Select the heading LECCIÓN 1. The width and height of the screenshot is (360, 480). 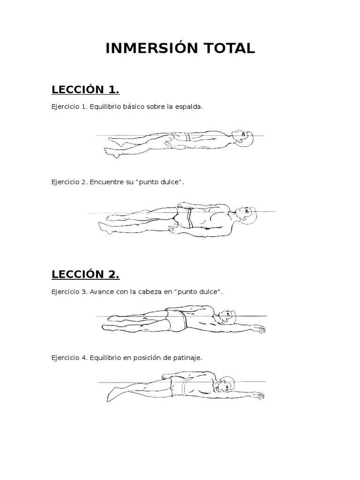[85, 90]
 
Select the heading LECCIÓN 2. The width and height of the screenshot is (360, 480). [85, 274]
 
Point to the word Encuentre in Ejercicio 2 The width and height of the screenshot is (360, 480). [107, 182]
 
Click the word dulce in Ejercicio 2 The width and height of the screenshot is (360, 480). [169, 182]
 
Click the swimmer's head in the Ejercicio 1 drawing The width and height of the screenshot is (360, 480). [243, 138]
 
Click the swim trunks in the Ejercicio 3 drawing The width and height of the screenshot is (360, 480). [176, 320]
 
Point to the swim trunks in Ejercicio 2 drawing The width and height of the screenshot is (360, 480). [184, 217]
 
